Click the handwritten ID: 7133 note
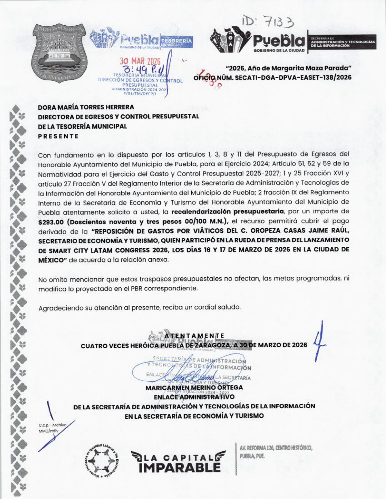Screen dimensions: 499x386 [268, 22]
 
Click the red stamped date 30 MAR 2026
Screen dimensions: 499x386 [140, 62]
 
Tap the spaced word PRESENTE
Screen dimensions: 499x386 [58, 136]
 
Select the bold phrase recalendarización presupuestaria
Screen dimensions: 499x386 [227, 211]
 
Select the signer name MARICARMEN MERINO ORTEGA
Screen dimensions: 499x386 [194, 388]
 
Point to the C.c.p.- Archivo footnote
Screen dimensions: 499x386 [52, 425]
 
